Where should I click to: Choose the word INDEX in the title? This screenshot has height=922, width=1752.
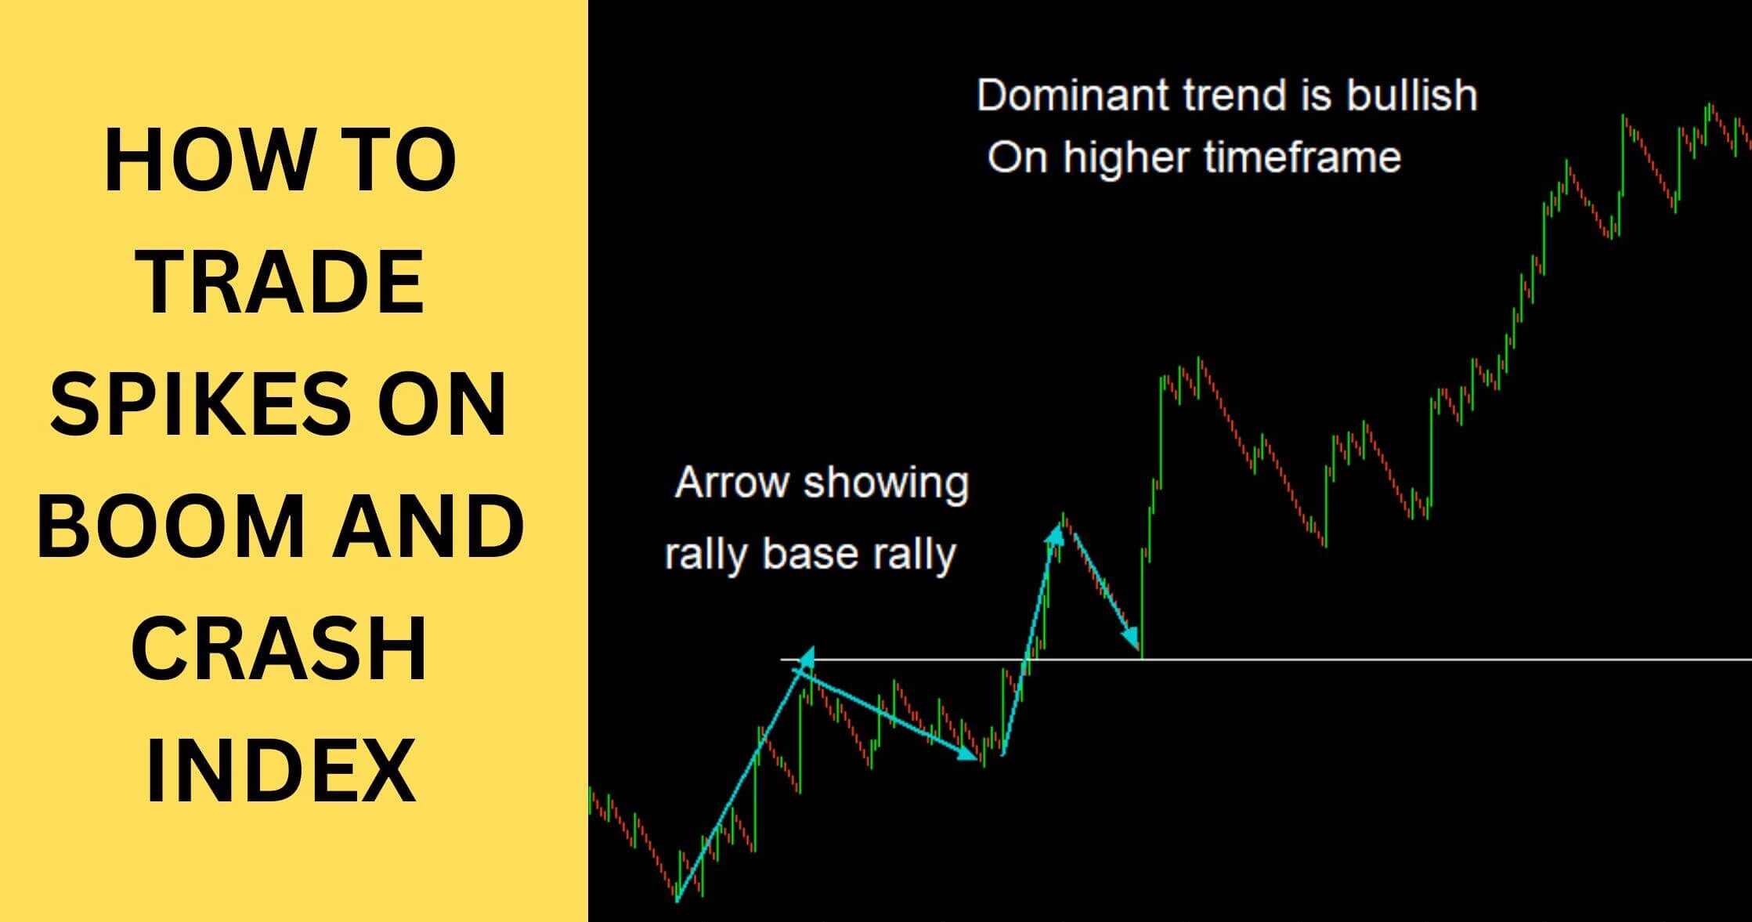coord(280,769)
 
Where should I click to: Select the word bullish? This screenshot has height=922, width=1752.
coord(1411,96)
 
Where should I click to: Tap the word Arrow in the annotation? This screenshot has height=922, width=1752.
coord(732,482)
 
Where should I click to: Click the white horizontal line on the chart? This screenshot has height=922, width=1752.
coord(1410,660)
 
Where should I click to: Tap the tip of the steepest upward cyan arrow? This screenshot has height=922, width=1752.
coord(1056,530)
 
